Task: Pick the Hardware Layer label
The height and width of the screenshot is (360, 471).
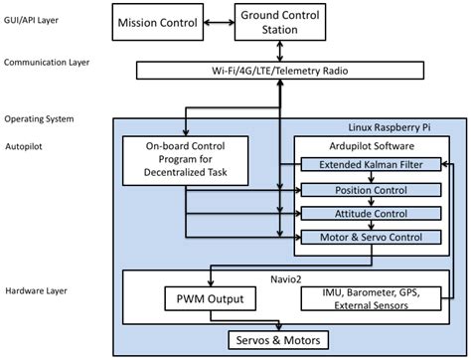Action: click(37, 290)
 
